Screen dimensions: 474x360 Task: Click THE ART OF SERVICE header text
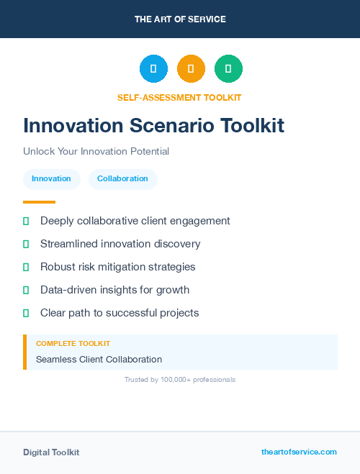point(180,19)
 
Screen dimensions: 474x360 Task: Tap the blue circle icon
point(153,69)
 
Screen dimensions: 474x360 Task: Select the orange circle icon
point(191,69)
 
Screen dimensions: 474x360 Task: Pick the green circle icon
point(228,69)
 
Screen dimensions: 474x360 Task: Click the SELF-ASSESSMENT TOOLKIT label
point(179,97)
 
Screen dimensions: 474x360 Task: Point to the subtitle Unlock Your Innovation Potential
point(96,152)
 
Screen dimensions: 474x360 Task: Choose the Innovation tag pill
point(51,179)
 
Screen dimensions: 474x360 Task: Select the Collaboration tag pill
point(122,179)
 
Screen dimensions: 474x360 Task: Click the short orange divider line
point(39,202)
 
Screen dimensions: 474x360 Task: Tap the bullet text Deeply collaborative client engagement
point(135,221)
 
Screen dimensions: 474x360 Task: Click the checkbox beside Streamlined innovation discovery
point(26,245)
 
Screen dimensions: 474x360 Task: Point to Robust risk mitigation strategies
point(117,267)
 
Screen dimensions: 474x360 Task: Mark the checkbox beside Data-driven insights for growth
point(26,291)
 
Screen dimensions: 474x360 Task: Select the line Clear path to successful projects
point(120,313)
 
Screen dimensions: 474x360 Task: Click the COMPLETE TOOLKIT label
point(73,344)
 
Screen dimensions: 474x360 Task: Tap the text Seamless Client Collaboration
point(99,359)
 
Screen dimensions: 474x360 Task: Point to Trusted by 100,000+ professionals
point(180,379)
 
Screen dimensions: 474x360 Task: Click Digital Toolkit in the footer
point(51,452)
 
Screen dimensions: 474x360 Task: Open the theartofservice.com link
point(299,452)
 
